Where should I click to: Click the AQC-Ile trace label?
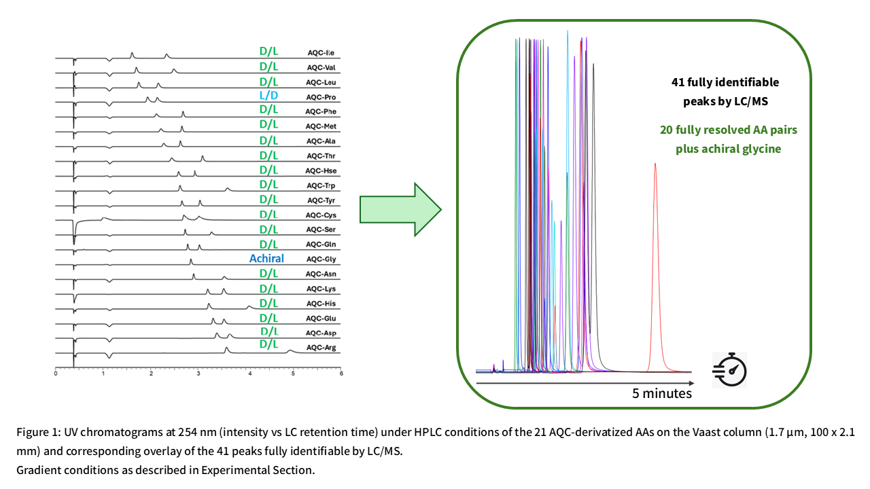pyautogui.click(x=320, y=53)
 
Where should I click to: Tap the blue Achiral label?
pyautogui.click(x=266, y=258)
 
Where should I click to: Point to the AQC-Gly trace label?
pyautogui.click(x=321, y=259)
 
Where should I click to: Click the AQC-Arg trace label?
pyautogui.click(x=321, y=348)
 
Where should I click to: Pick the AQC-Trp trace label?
pyautogui.click(x=320, y=186)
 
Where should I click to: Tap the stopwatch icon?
pyautogui.click(x=729, y=369)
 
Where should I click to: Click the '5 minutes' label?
pyautogui.click(x=662, y=393)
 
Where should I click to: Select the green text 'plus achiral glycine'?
pyautogui.click(x=728, y=149)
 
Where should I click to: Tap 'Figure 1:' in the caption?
pyautogui.click(x=38, y=433)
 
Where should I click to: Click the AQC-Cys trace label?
pyautogui.click(x=321, y=215)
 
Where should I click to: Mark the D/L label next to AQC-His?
pyautogui.click(x=268, y=303)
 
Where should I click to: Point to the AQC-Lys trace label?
pyautogui.click(x=321, y=289)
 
